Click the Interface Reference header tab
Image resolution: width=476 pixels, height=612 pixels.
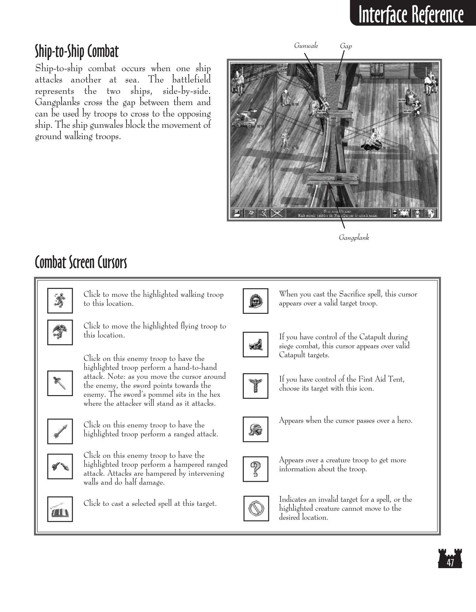coord(411,14)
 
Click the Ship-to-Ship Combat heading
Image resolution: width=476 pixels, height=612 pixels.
coord(77,52)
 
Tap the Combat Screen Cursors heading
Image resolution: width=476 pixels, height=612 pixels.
coord(81,262)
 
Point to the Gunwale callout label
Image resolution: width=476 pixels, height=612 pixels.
coord(306,46)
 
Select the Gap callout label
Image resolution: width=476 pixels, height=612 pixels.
coord(346,46)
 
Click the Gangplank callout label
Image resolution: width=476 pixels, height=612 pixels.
coord(354,238)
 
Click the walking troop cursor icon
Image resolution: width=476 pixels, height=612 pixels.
coord(60,301)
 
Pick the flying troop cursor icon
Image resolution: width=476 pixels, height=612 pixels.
coord(60,332)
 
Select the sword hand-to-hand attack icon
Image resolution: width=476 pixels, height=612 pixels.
coord(60,383)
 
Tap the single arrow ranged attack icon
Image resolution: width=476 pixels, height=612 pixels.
coord(60,431)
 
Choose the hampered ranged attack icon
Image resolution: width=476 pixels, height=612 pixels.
coord(60,466)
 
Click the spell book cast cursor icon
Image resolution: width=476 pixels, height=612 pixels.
coord(60,509)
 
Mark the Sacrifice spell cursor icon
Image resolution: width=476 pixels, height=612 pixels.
coord(255,301)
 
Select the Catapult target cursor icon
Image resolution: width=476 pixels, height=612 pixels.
coord(255,344)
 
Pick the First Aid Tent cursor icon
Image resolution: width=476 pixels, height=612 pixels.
coord(255,386)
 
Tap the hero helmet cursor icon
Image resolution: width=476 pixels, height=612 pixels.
coord(255,429)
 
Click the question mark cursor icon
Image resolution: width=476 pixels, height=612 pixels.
coord(255,469)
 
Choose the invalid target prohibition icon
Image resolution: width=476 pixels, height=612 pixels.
coord(256,508)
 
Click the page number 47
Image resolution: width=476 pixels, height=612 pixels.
coord(450,563)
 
